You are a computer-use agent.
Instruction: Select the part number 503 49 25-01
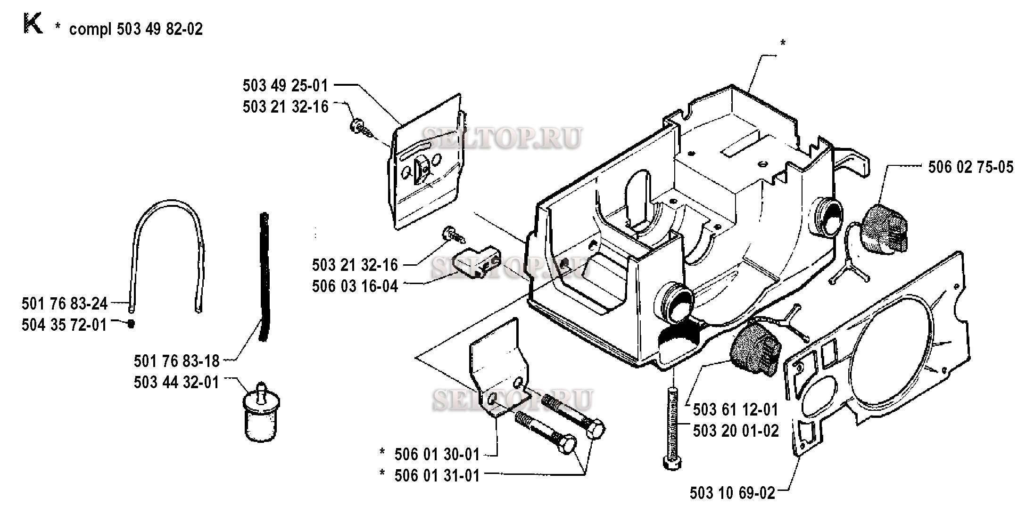click(x=285, y=86)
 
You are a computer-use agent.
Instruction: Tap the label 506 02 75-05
click(x=971, y=167)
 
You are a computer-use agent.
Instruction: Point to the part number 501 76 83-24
click(x=65, y=303)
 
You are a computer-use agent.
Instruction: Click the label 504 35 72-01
click(x=65, y=325)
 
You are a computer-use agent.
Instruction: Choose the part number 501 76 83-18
click(x=177, y=361)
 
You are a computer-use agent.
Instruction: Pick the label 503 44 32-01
click(x=177, y=382)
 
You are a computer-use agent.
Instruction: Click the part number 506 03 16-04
click(x=355, y=286)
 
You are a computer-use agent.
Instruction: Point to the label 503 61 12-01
click(x=736, y=410)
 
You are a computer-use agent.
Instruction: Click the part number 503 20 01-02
click(x=736, y=431)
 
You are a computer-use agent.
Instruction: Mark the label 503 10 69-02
click(x=732, y=493)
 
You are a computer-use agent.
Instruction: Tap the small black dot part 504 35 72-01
click(x=132, y=324)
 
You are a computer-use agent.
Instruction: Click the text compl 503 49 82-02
click(x=136, y=29)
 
